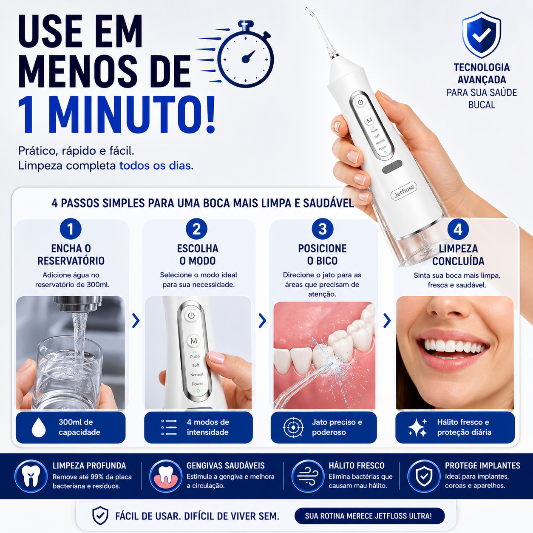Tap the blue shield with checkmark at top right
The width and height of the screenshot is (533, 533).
click(x=481, y=35)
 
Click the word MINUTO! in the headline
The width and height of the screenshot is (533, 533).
click(x=133, y=115)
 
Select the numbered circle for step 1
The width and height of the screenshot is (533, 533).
click(x=71, y=229)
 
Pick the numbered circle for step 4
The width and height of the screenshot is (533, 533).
click(x=458, y=229)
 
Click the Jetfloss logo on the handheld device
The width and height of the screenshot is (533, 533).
click(x=404, y=191)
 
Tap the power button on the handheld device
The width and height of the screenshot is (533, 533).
click(x=360, y=102)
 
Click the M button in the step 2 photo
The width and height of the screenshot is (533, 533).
click(x=194, y=341)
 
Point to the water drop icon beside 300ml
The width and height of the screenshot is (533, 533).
click(x=39, y=427)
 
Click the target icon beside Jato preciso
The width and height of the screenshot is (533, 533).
click(x=293, y=428)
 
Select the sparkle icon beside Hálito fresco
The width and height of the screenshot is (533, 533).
click(x=418, y=428)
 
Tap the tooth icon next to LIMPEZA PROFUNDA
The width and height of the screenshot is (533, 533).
click(x=31, y=476)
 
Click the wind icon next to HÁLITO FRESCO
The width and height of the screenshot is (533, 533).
click(x=308, y=476)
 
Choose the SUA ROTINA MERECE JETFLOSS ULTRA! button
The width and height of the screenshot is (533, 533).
click(x=369, y=516)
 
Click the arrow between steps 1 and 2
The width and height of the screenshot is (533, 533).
click(x=136, y=320)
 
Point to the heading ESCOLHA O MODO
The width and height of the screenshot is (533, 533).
click(x=198, y=255)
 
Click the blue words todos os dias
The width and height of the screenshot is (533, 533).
click(x=156, y=166)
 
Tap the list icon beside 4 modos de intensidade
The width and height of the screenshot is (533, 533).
click(x=169, y=428)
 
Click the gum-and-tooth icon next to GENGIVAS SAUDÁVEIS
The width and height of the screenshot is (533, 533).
click(x=165, y=476)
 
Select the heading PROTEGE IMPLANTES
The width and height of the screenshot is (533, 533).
click(x=482, y=466)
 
